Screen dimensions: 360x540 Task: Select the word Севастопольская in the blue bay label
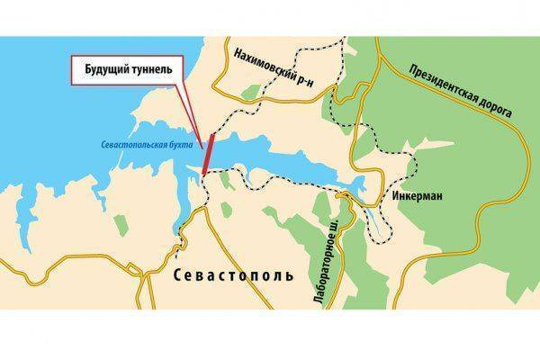pyautogui.click(x=127, y=143)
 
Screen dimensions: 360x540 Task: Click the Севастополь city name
pyautogui.click(x=230, y=274)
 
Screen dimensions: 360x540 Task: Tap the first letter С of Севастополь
pyautogui.click(x=172, y=274)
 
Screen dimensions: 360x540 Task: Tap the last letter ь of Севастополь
pyautogui.click(x=289, y=274)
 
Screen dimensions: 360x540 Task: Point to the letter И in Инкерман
pyautogui.click(x=396, y=194)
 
